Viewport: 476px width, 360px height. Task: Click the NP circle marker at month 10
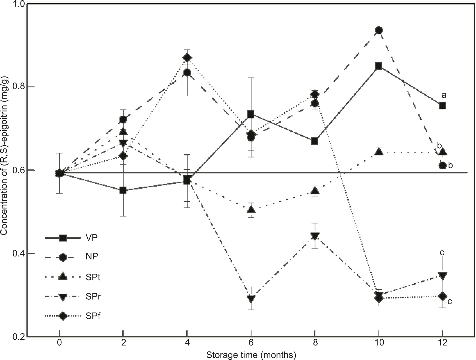tap(379, 30)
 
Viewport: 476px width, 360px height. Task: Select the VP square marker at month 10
tap(379, 66)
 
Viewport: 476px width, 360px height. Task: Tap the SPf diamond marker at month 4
tap(187, 58)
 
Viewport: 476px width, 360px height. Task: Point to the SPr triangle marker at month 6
tap(251, 298)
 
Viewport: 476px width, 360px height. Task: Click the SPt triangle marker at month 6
tap(251, 209)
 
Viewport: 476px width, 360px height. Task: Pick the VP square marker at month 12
tap(442, 105)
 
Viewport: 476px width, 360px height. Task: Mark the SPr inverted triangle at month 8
tap(315, 236)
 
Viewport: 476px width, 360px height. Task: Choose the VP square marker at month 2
tap(123, 190)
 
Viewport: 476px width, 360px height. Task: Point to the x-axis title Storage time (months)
tap(251, 355)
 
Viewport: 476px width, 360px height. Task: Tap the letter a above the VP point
tap(444, 95)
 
